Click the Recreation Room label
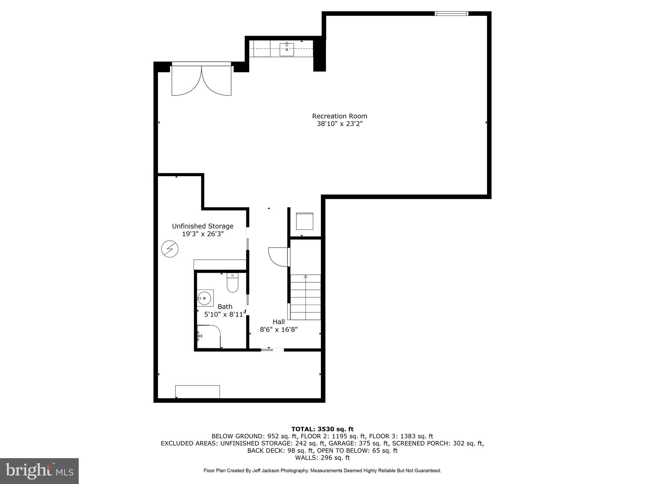(x=340, y=116)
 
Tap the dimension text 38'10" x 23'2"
(x=340, y=124)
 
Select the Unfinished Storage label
(x=203, y=226)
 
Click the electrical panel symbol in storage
(x=170, y=249)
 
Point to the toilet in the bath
(x=232, y=283)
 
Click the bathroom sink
(x=205, y=298)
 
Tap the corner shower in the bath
(x=208, y=337)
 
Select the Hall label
(x=279, y=322)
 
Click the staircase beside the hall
(x=305, y=297)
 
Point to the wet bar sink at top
(x=287, y=50)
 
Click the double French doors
(x=202, y=80)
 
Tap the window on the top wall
(x=451, y=14)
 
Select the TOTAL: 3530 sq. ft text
(x=322, y=429)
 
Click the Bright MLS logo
(x=39, y=471)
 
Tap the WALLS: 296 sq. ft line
(x=322, y=458)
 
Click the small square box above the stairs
(x=305, y=221)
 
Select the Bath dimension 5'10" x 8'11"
(x=225, y=314)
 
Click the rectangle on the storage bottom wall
(x=197, y=392)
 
